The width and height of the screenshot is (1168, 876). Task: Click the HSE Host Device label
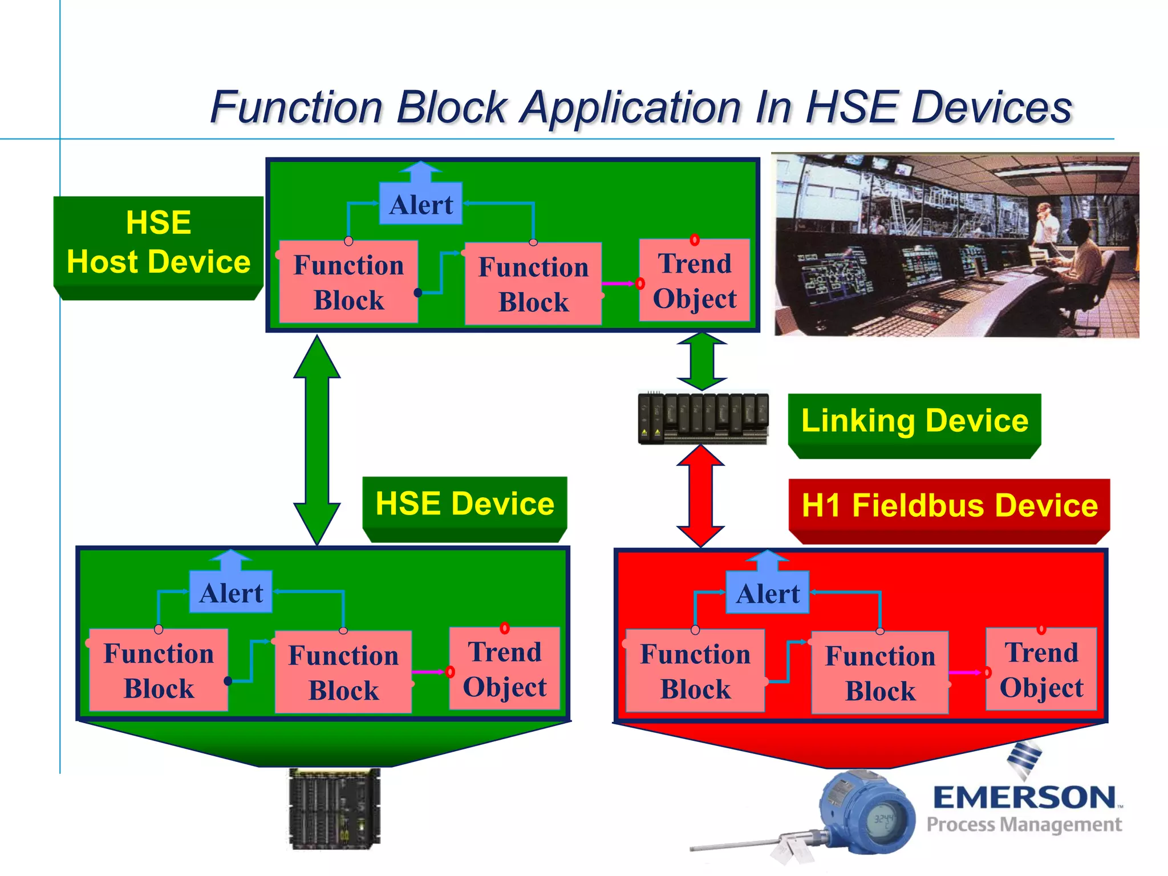coord(158,242)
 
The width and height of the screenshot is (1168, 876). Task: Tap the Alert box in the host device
coord(421,204)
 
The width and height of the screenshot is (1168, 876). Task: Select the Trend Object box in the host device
coord(694,281)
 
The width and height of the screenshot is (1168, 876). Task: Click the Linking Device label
coord(914,421)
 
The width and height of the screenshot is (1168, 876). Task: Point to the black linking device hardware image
coord(703,418)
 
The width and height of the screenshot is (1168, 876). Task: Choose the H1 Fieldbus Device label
coord(949,506)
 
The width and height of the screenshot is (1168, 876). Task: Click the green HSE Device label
coord(465,504)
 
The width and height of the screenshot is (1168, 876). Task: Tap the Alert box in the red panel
coord(767,593)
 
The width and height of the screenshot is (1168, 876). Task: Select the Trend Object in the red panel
coord(1041,669)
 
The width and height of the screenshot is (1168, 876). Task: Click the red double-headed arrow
coord(700,496)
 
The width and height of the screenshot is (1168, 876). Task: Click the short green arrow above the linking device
coord(701,362)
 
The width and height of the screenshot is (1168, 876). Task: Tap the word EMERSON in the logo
coord(1024,797)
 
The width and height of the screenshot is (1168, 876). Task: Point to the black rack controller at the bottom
coord(334,808)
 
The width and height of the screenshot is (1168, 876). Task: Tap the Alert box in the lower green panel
coord(231,592)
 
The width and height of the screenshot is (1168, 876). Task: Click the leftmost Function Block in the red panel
coord(695,671)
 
